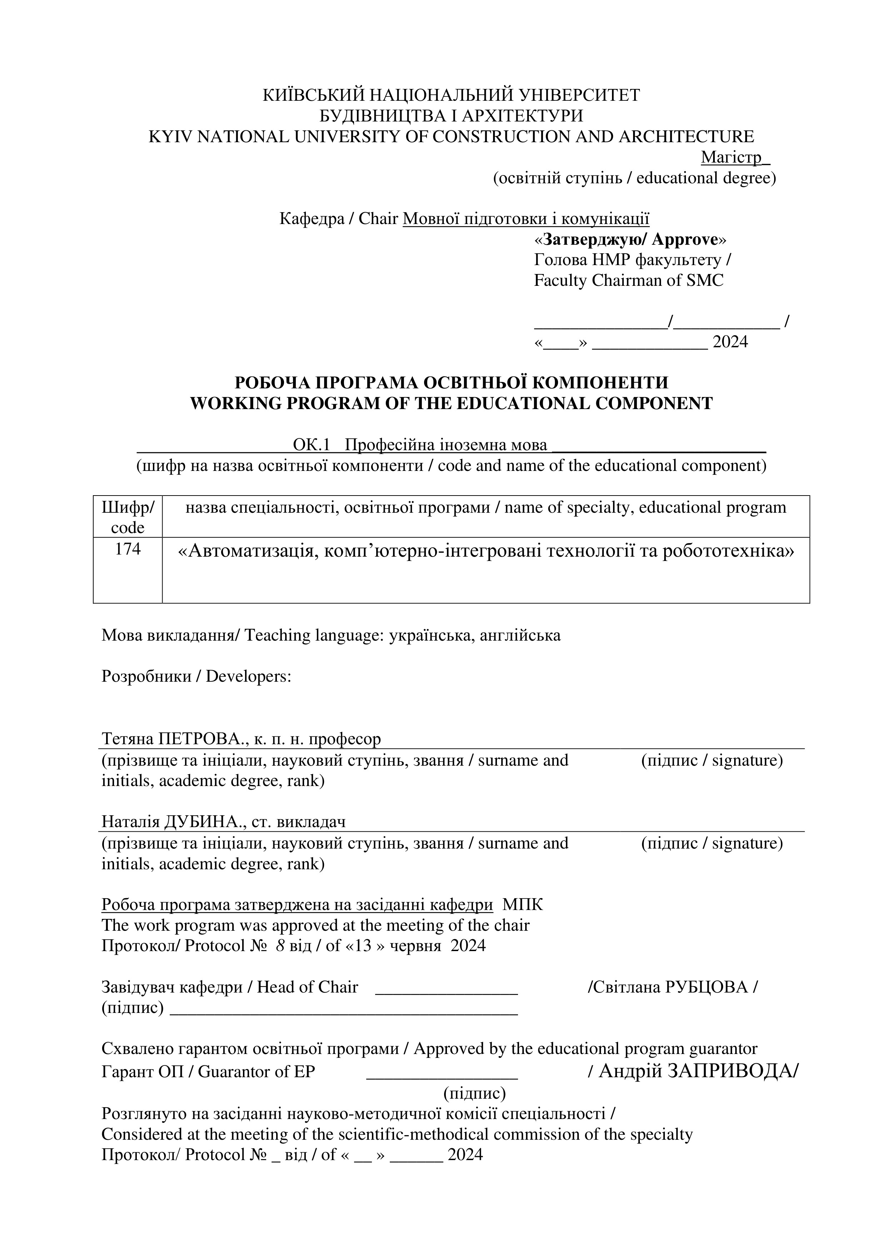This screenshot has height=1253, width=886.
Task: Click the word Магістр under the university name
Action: (731, 157)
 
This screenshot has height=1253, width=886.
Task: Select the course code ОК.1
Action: (312, 445)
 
